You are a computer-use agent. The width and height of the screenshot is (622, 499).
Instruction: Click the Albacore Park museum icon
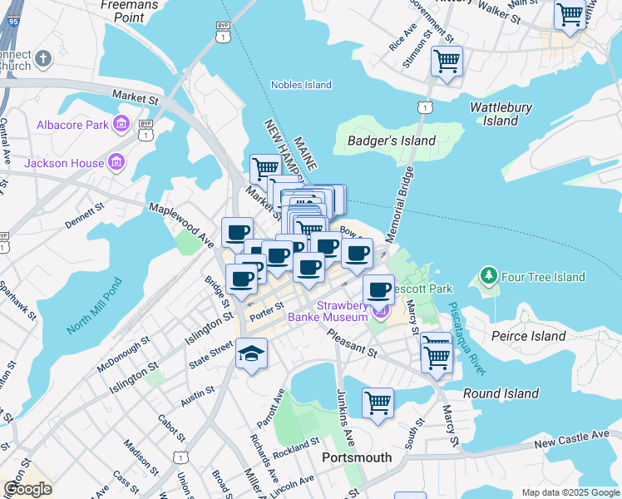(x=121, y=125)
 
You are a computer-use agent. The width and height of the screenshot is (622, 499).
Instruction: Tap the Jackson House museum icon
(x=116, y=162)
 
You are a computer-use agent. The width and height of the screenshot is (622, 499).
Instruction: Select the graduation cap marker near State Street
(x=251, y=354)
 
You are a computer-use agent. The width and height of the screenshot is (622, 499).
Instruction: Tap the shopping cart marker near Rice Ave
(x=447, y=62)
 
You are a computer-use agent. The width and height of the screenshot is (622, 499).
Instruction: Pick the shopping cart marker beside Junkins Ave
(x=378, y=403)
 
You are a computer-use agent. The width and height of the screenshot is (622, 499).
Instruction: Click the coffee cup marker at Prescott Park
(x=379, y=290)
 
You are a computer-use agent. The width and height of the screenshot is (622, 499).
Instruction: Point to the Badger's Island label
(x=392, y=141)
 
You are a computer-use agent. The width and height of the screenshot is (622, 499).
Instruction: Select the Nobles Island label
(x=301, y=85)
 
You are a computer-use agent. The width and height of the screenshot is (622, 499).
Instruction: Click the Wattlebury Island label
(x=501, y=114)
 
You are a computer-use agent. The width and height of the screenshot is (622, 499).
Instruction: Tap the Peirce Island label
(x=528, y=336)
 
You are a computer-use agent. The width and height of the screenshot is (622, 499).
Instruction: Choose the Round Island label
(x=501, y=393)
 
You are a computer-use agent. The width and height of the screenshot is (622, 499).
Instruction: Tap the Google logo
(x=27, y=489)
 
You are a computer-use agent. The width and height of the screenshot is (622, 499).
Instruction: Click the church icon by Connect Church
(x=43, y=58)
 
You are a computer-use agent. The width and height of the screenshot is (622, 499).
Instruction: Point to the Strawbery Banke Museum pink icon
(x=381, y=312)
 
